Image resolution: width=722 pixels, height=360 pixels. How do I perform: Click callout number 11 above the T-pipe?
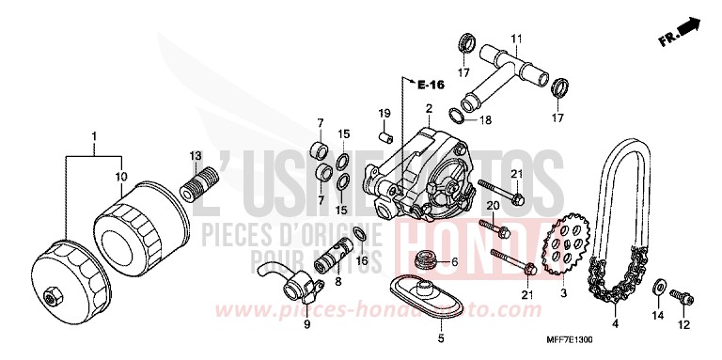pos(515,39)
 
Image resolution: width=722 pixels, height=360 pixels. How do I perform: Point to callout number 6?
pos(455,261)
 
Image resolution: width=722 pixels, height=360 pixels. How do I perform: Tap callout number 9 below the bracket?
pos(306,324)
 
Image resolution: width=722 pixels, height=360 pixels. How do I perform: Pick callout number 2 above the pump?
pos(428,109)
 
